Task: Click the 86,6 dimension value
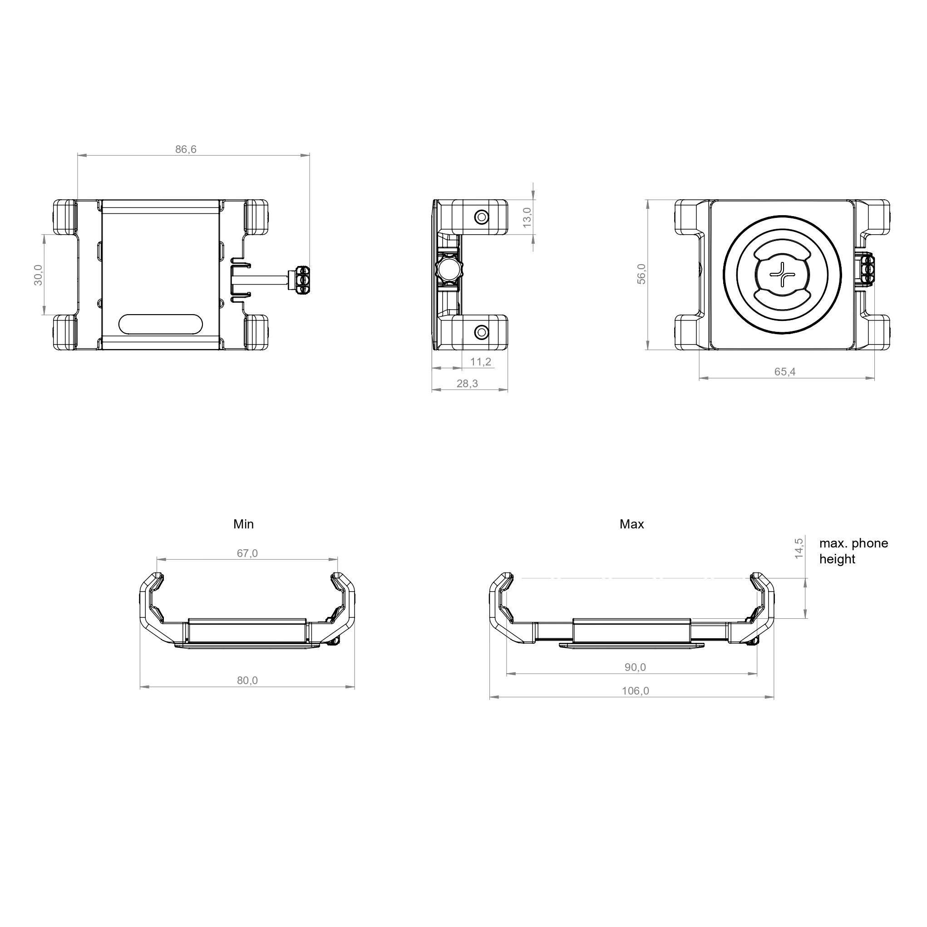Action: point(186,149)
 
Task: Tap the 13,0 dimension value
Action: point(527,217)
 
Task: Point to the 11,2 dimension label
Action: point(481,361)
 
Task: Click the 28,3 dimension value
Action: point(467,383)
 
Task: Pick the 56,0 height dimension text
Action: point(641,274)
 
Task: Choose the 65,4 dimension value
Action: point(785,371)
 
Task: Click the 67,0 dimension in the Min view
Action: point(247,553)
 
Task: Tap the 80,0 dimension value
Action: point(247,680)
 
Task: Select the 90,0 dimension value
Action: point(635,667)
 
